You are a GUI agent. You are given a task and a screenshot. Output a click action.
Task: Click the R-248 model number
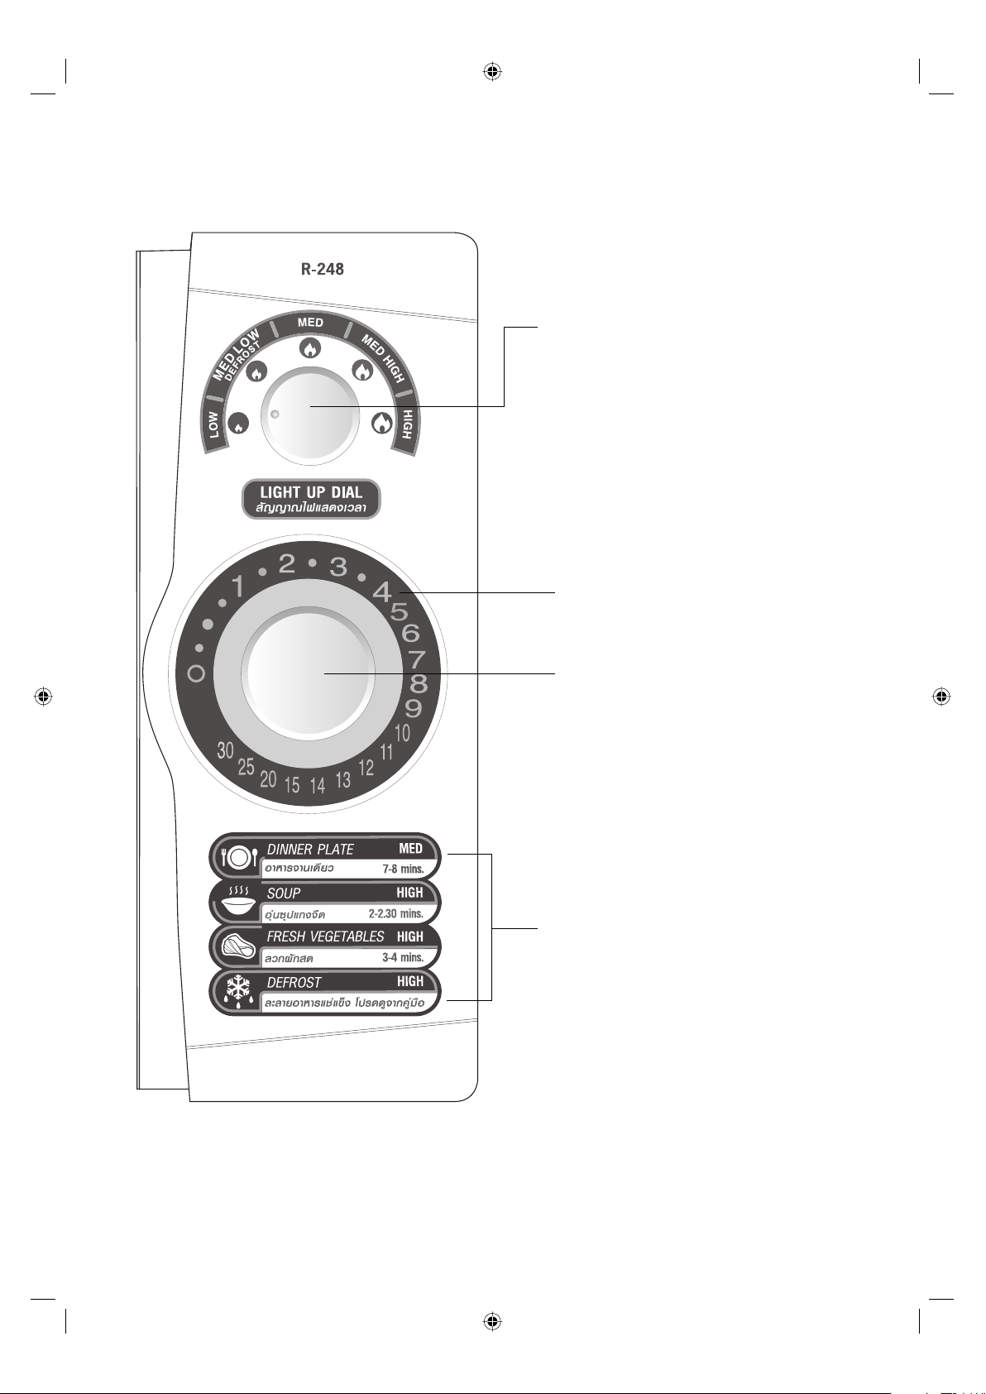[x=322, y=269]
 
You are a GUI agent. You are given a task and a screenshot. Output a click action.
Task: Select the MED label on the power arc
[x=310, y=322]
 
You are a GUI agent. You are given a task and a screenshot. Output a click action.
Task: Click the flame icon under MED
[x=310, y=348]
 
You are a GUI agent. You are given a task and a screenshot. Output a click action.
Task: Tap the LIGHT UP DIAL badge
[x=311, y=499]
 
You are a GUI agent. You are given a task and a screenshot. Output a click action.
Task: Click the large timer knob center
[x=310, y=674]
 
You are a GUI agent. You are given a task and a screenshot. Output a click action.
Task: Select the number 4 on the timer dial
[x=382, y=592]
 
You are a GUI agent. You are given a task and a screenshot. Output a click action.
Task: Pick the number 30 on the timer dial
[x=226, y=750]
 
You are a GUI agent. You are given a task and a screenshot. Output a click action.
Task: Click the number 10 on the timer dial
[x=402, y=733]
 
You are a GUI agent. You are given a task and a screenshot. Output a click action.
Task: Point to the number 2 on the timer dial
[x=286, y=564]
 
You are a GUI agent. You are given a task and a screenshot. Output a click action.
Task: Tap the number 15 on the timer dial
[x=292, y=785]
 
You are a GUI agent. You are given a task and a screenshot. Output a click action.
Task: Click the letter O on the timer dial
[x=196, y=674]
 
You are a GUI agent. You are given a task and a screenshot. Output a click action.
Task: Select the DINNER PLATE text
[x=310, y=850]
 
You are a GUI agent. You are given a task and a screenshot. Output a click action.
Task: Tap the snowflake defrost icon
[x=238, y=990]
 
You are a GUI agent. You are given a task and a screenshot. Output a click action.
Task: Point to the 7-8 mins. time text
[x=403, y=869]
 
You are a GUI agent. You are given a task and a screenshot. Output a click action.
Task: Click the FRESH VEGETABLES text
[x=325, y=937]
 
